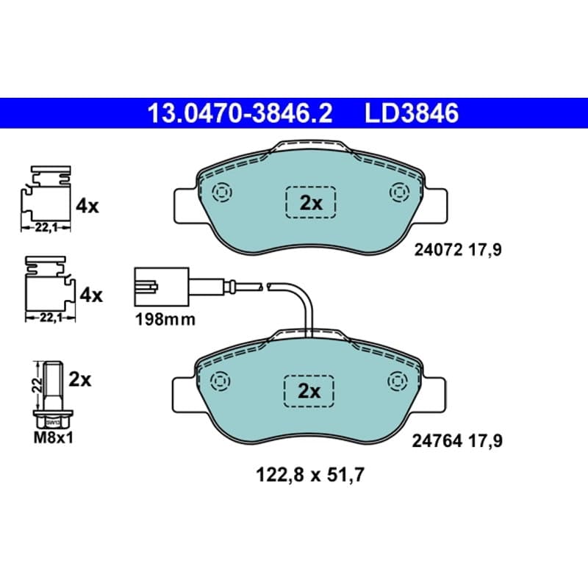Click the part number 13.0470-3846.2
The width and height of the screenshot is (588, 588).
click(x=240, y=113)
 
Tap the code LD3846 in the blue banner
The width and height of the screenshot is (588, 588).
click(x=412, y=113)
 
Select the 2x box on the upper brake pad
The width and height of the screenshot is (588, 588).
click(x=310, y=203)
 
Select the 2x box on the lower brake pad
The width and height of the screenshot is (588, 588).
click(x=309, y=391)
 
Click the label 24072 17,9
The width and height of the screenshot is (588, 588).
click(x=457, y=250)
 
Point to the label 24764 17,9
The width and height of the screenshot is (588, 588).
click(x=456, y=440)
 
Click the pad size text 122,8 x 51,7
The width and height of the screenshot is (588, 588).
click(x=310, y=476)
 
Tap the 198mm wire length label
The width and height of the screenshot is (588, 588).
click(x=165, y=320)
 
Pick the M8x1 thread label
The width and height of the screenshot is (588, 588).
click(x=53, y=437)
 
